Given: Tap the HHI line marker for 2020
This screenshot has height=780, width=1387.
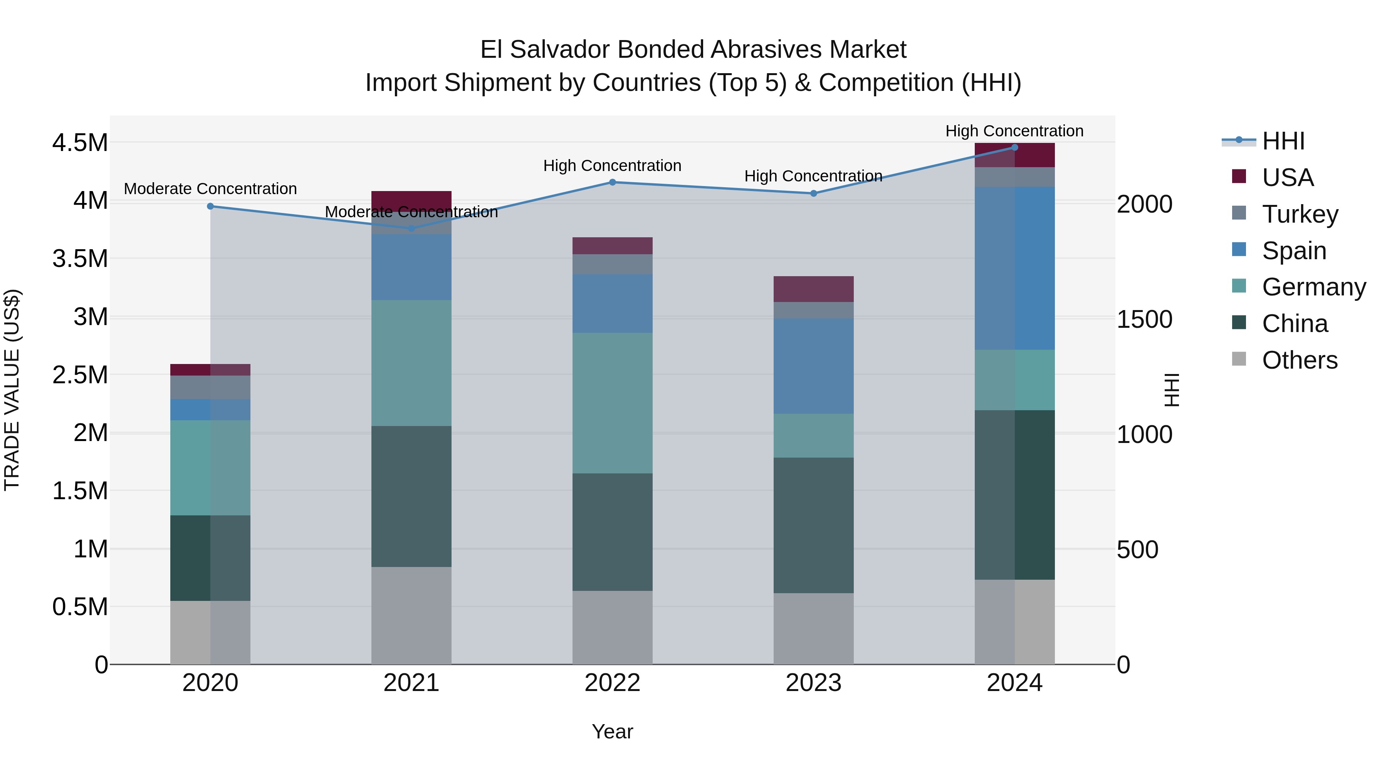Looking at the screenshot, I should pyautogui.click(x=210, y=206).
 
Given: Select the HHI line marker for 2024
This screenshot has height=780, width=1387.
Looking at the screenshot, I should pyautogui.click(x=1014, y=147).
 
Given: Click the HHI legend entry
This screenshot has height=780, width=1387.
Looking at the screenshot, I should pyautogui.click(x=1283, y=141).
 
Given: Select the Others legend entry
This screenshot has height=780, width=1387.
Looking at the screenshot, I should pyautogui.click(x=1299, y=360).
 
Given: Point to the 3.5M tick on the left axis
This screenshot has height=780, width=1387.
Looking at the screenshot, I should pyautogui.click(x=80, y=259).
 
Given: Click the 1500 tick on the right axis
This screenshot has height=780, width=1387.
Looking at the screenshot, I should pyautogui.click(x=1144, y=319).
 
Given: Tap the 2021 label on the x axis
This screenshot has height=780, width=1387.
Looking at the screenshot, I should pyautogui.click(x=411, y=683).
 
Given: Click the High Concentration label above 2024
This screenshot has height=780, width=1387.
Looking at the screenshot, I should pyautogui.click(x=1014, y=131).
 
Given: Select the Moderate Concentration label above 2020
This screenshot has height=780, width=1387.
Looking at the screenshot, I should pyautogui.click(x=210, y=189).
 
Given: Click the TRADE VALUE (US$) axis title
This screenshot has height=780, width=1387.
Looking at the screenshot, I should pyautogui.click(x=12, y=390).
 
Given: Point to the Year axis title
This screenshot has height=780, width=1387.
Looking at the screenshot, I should pyautogui.click(x=612, y=731).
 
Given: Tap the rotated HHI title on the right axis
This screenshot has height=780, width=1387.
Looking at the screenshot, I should pyautogui.click(x=1172, y=390).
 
